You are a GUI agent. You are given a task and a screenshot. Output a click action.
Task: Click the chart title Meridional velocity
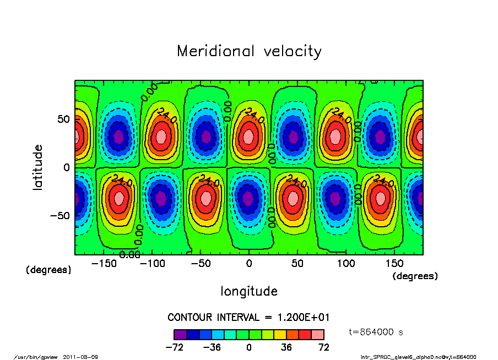tap(249, 51)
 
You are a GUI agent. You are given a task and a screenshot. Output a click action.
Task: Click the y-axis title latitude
tap(38, 167)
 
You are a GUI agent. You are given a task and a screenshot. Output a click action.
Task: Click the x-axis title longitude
tap(249, 291)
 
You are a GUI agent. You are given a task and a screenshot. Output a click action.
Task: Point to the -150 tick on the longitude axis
tap(103, 264)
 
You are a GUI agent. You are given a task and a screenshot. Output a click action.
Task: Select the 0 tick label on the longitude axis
tap(249, 264)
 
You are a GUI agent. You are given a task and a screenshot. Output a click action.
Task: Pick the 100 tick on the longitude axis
tap(346, 264)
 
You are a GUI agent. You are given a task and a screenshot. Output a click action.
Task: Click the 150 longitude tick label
tap(394, 264)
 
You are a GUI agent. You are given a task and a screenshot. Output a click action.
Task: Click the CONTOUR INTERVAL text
tap(248, 317)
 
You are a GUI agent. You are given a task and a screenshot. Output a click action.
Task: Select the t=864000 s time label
tap(377, 332)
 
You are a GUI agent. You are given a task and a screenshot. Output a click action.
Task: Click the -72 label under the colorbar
tap(174, 347)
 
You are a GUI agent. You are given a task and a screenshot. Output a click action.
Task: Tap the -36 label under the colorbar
tap(212, 347)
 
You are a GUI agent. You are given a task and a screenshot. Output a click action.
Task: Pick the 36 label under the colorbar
tap(286, 347)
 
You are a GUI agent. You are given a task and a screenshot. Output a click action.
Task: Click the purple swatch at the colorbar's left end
tap(180, 334)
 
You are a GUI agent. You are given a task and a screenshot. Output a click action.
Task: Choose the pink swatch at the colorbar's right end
tap(317, 334)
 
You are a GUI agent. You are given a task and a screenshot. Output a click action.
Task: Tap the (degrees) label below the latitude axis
tap(48, 270)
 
